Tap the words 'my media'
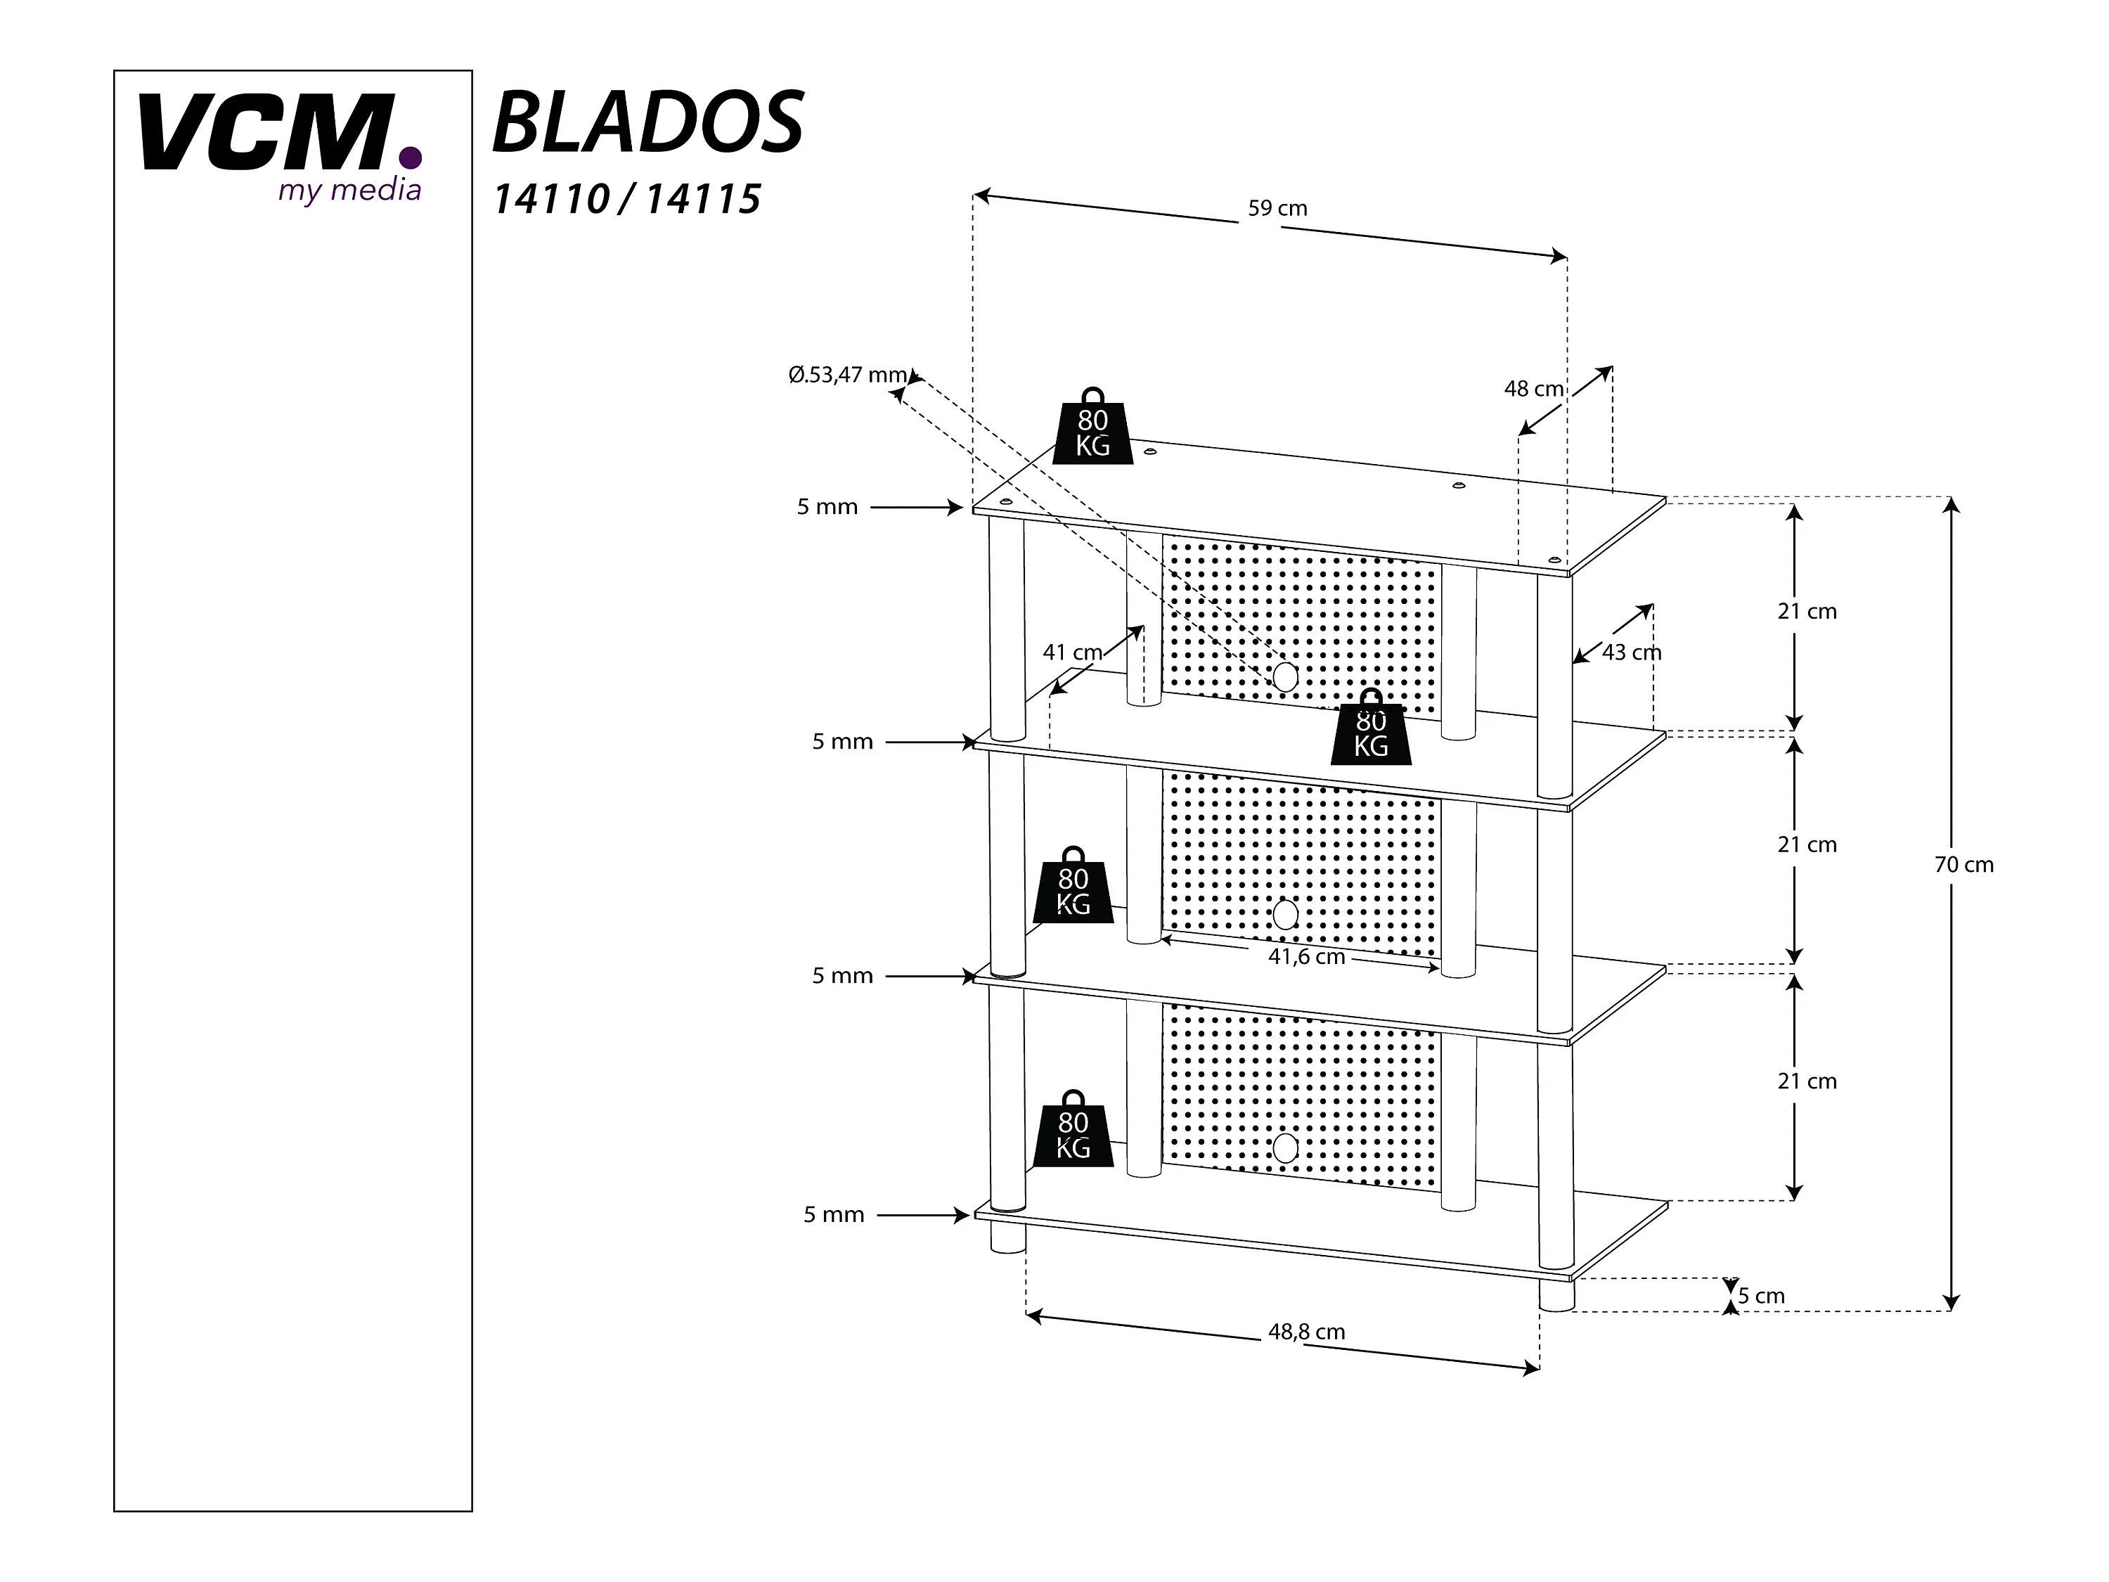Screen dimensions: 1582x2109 tap(349, 191)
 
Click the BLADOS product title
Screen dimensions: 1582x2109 tap(647, 122)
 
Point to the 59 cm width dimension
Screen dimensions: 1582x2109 tap(1277, 209)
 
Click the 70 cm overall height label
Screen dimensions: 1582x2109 tap(1964, 865)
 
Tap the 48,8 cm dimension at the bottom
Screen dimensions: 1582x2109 tap(1306, 1332)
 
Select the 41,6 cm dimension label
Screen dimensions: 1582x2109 tap(1306, 956)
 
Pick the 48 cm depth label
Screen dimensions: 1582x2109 tap(1533, 389)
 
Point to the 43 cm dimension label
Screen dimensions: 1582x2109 tap(1632, 652)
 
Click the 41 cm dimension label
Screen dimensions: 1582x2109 tap(1073, 652)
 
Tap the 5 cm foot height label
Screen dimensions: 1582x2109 tap(1761, 1296)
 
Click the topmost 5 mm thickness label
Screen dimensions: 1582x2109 tap(827, 508)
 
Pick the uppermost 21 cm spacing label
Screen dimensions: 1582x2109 tap(1807, 611)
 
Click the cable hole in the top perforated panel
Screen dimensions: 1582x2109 tap(1285, 677)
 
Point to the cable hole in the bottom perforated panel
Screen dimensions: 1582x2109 tap(1285, 1148)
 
